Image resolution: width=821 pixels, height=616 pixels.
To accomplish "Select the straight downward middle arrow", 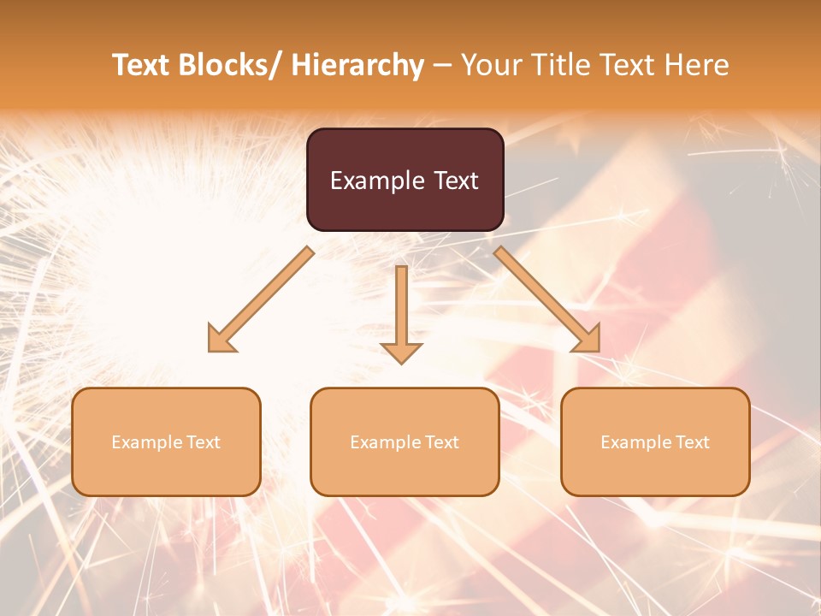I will tap(401, 299).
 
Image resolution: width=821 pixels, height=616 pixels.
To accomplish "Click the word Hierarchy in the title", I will tap(357, 65).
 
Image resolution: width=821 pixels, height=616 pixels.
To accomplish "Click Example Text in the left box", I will tap(166, 442).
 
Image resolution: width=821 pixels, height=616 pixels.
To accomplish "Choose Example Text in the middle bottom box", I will tap(405, 442).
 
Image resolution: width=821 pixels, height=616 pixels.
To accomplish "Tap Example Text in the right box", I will tap(655, 442).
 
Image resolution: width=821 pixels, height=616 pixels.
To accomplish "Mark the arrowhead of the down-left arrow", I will tap(221, 341).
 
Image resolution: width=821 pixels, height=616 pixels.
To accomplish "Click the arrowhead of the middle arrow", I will tap(401, 352).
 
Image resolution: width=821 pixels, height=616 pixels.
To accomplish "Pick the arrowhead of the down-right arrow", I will tap(588, 340).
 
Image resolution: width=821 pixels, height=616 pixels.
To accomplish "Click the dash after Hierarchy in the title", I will tap(442, 66).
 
